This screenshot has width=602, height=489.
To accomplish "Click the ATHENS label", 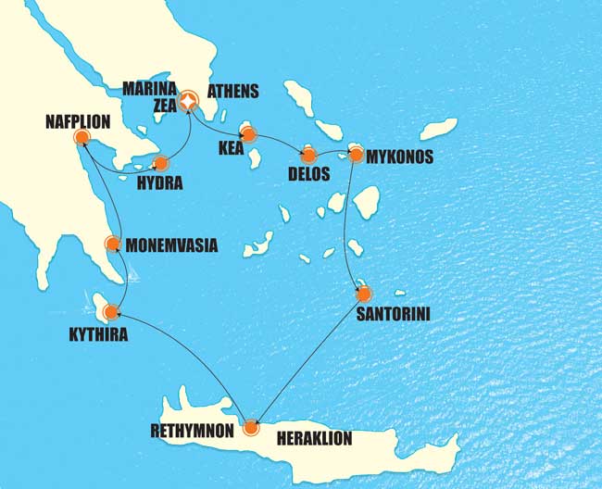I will pos(233,92).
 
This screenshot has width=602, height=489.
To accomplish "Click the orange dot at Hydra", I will pos(161,164).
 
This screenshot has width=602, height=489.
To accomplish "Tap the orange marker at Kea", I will pos(247,134).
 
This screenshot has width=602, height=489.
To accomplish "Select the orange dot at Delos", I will pos(308,155).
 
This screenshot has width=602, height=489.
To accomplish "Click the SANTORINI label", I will pos(392,315).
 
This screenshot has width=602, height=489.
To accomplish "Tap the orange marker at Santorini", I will pos(363,295).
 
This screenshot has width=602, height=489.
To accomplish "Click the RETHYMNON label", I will pos(192,430).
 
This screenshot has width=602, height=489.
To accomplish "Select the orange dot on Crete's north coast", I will pos(250,428).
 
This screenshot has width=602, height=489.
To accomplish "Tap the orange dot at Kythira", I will pos(112,312).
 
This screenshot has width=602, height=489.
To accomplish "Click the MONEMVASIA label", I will pos(171,246).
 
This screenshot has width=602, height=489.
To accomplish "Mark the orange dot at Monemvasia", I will pos(112,244).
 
